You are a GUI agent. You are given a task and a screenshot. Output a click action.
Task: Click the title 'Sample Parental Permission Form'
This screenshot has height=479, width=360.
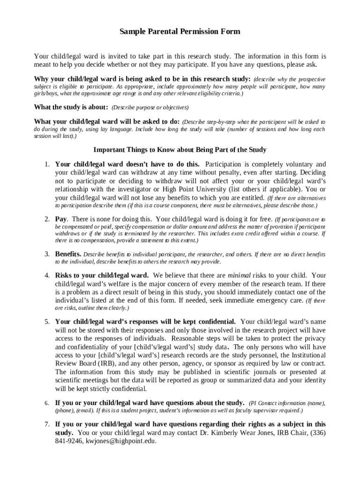[180, 32]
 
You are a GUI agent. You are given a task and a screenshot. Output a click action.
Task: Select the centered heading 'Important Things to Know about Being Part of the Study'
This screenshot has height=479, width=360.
[180, 150]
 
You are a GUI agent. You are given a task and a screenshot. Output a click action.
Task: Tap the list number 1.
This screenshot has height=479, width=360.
[47, 164]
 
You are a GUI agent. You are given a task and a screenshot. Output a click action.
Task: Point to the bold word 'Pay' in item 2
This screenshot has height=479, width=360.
[61, 218]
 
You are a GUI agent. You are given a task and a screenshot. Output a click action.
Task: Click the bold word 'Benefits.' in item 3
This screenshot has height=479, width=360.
[68, 254]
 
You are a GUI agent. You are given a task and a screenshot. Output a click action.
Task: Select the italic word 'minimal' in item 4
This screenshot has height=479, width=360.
[239, 275]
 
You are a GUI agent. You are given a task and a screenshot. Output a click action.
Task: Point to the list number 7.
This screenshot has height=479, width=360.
[47, 424]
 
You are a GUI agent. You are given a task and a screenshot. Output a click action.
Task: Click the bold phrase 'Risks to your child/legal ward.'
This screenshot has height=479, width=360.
[102, 275]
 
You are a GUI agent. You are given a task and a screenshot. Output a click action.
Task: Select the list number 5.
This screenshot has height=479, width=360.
[47, 321]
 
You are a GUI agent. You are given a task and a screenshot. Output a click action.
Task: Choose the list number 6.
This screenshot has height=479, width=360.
[47, 403]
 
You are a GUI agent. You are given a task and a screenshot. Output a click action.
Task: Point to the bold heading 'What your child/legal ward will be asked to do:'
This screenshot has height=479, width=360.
[107, 122]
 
